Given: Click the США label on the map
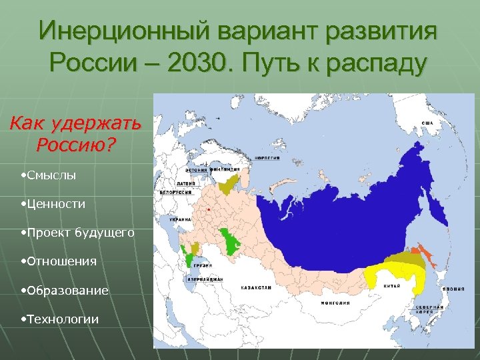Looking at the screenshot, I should click(x=429, y=124).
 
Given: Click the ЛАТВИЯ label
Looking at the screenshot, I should click(x=185, y=180).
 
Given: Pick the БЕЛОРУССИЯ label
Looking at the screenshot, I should click(x=176, y=192).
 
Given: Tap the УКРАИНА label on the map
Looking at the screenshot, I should click(x=180, y=219).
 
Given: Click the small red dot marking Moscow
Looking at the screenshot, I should click(x=209, y=209).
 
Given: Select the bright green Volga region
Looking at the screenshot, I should click(x=231, y=241).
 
